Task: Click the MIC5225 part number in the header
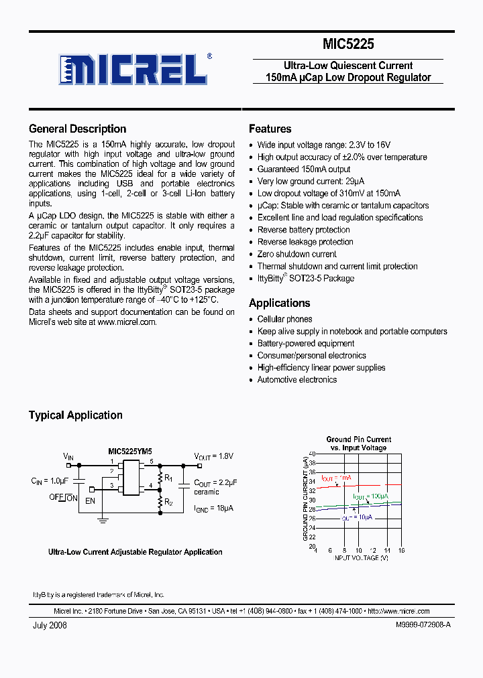click(348, 45)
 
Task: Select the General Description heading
click(77, 129)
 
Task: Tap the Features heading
click(270, 129)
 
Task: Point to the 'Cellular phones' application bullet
click(284, 320)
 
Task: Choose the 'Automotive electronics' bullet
click(297, 380)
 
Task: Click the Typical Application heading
click(75, 415)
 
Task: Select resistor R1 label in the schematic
click(169, 478)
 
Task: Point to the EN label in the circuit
click(91, 500)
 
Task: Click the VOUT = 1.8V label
click(213, 456)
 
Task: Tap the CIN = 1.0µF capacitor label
click(49, 481)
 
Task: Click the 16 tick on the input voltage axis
click(401, 550)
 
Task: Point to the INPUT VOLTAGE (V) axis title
click(361, 558)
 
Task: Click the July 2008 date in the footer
click(50, 625)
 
